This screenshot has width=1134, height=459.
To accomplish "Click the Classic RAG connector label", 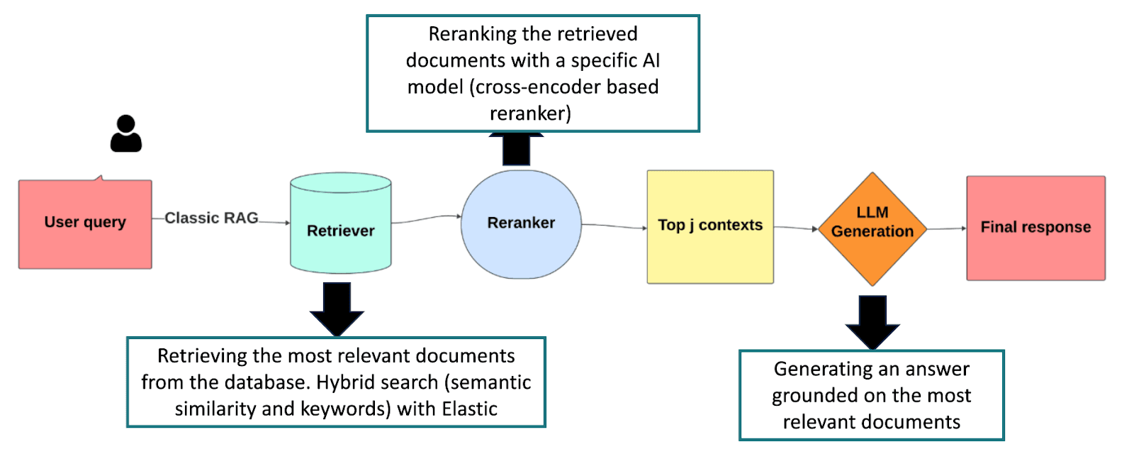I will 211,218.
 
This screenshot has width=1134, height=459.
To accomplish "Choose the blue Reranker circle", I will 521,224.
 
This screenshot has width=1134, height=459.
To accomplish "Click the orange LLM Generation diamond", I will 872,228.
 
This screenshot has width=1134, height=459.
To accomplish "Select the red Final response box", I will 1035,228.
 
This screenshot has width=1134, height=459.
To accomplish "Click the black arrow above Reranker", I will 517,149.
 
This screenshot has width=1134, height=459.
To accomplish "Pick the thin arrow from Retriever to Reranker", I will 425,219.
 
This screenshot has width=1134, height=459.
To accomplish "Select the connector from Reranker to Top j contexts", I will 614,226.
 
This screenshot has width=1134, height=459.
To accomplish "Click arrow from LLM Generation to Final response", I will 946,228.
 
